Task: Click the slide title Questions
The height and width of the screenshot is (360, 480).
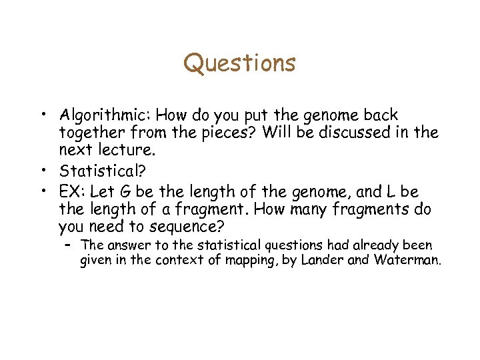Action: pyautogui.click(x=239, y=63)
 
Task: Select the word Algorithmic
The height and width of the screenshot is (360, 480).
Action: pyautogui.click(x=99, y=115)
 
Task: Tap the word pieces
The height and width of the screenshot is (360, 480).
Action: pyautogui.click(x=227, y=132)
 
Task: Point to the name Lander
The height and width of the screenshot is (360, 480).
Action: pyautogui.click(x=322, y=260)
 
